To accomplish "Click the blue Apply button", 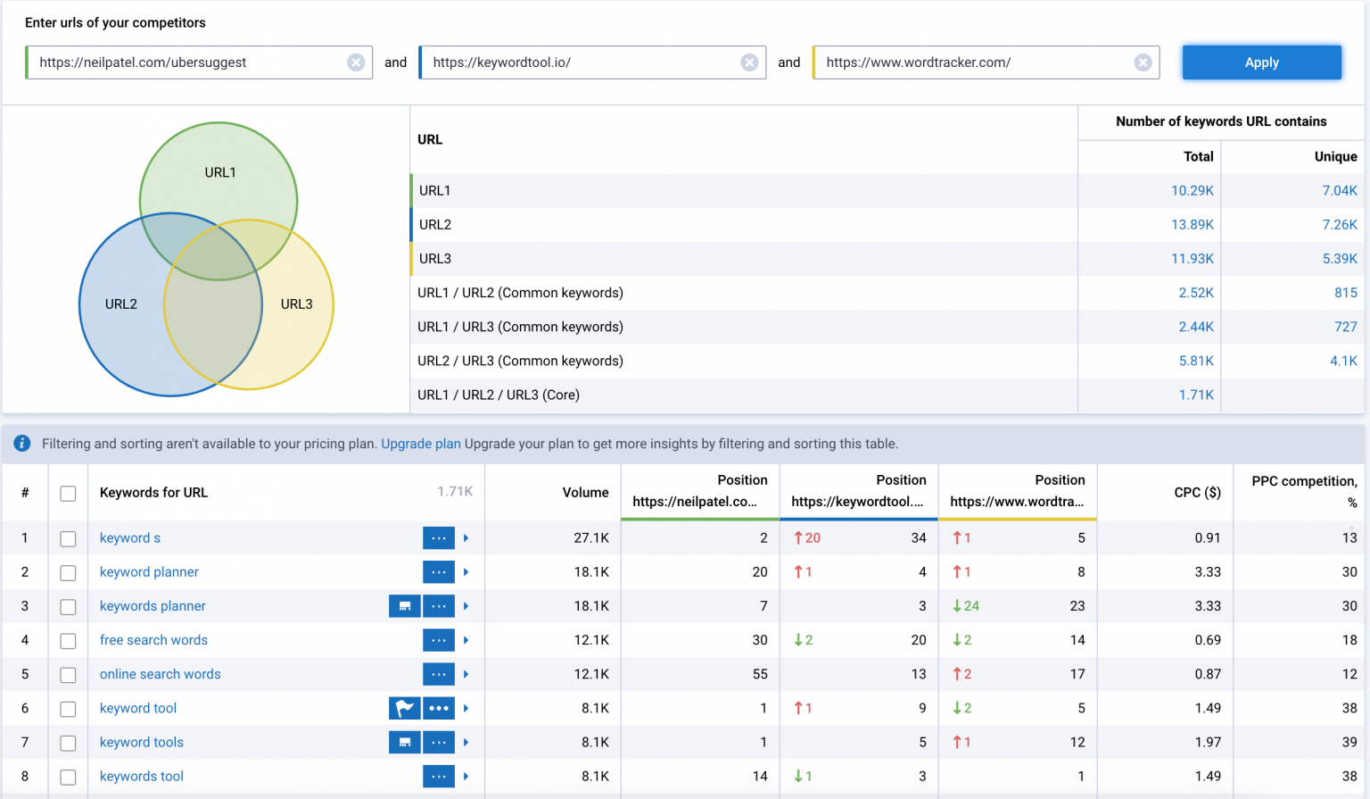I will [1261, 62].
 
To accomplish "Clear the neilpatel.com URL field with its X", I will [356, 62].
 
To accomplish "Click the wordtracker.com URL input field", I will [972, 62].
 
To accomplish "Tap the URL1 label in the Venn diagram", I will [220, 172].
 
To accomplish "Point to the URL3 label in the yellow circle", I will [296, 304].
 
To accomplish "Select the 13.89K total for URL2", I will [1192, 225].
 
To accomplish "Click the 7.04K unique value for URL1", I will [1339, 191].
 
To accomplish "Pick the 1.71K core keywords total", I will [1195, 395].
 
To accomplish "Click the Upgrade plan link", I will [421, 444].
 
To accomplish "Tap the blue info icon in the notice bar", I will [22, 444].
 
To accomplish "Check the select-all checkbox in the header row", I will [68, 494].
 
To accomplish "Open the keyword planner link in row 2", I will [149, 572].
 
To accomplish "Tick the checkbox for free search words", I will [68, 641].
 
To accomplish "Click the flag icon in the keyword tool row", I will [404, 709].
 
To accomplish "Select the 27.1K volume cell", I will [590, 538].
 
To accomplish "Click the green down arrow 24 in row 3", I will [965, 606].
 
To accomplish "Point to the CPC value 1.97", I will [1208, 743].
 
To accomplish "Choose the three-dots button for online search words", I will [438, 675].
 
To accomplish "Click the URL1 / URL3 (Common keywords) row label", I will [520, 327].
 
